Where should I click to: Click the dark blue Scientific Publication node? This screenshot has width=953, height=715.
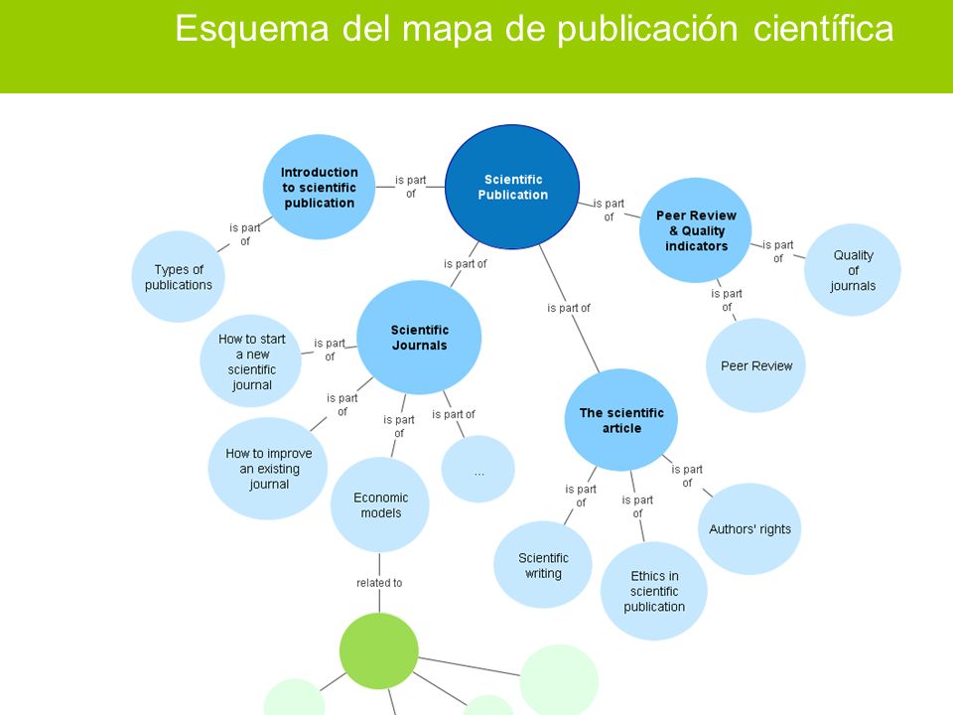coord(512,187)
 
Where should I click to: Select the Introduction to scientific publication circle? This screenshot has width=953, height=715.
coord(319,188)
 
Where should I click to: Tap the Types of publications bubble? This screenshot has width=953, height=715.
coord(178,277)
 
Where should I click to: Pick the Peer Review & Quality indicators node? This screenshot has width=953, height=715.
coord(696,230)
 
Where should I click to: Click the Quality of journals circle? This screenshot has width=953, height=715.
coord(853,270)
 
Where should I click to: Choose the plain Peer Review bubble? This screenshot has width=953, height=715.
coord(756,365)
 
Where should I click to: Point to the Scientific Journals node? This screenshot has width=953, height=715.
coord(419,338)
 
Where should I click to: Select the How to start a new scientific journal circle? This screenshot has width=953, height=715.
coord(251,361)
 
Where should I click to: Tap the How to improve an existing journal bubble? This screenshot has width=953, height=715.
coord(268,468)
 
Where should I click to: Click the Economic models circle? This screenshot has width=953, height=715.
coord(380,504)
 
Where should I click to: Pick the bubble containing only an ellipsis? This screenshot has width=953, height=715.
coord(478,469)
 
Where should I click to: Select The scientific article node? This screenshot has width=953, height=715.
coord(621,420)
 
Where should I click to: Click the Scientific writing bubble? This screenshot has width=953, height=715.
coord(543,565)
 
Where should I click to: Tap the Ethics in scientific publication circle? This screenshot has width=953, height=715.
coord(654,591)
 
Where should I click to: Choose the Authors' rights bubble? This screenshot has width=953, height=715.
coord(749,529)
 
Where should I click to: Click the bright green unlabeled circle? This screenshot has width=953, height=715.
coord(378,651)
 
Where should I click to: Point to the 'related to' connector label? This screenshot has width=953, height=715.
coord(379,583)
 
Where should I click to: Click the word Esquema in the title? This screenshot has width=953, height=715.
coord(252,28)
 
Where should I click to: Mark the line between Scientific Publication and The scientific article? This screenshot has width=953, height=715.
coord(569,308)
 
